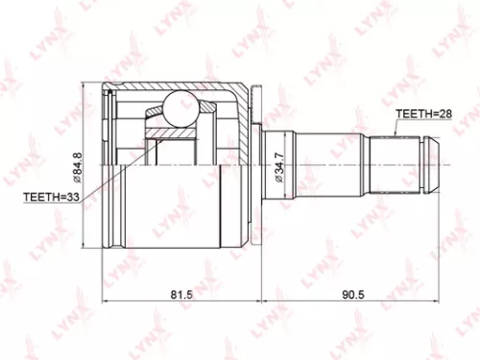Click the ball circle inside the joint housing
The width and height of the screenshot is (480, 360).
[x=180, y=108]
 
